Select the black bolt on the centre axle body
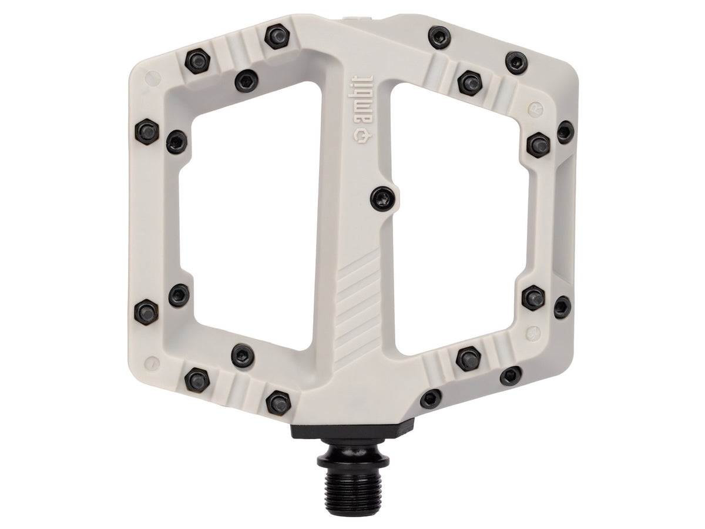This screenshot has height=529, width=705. point(382,199)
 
